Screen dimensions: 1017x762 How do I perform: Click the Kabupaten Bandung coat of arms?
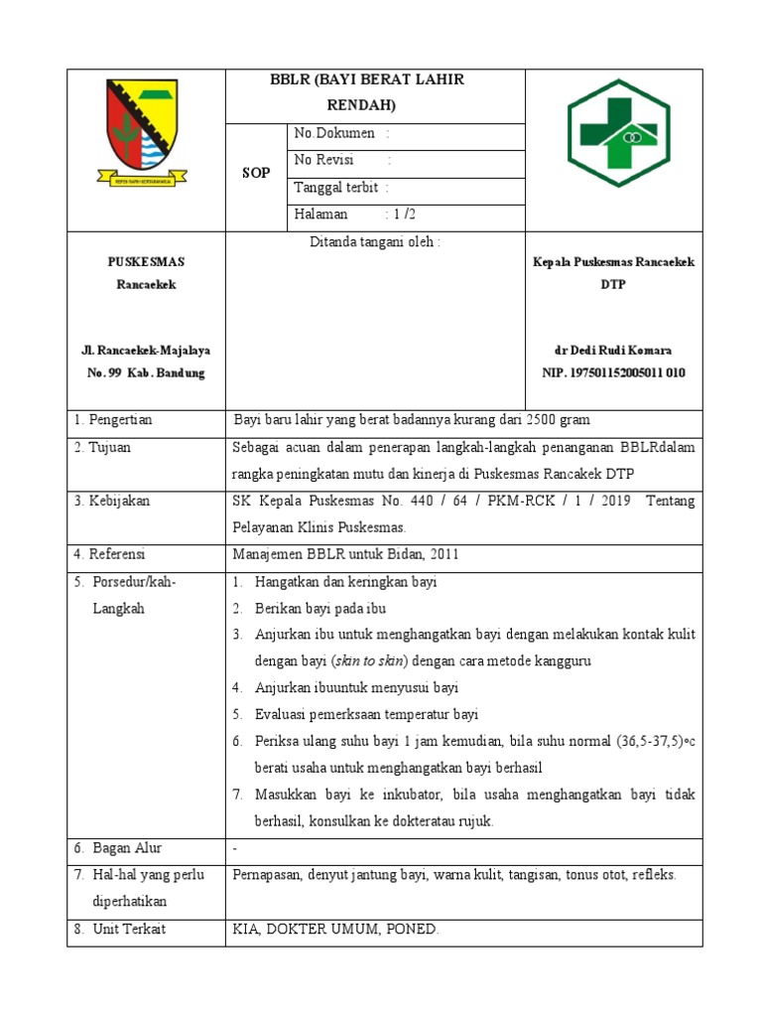coord(145,131)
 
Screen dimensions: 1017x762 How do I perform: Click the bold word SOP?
coord(256,173)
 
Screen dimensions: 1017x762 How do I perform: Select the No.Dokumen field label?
coord(334,133)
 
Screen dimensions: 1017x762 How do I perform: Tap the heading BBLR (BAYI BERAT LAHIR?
coord(368,80)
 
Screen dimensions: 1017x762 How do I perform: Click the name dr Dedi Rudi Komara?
coord(612,351)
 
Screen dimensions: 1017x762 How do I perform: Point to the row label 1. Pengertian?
coord(113,420)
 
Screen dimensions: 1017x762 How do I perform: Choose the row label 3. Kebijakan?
coord(111,501)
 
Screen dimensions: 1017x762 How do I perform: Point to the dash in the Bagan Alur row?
coord(235,849)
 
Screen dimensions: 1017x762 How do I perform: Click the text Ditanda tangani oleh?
coord(374,241)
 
